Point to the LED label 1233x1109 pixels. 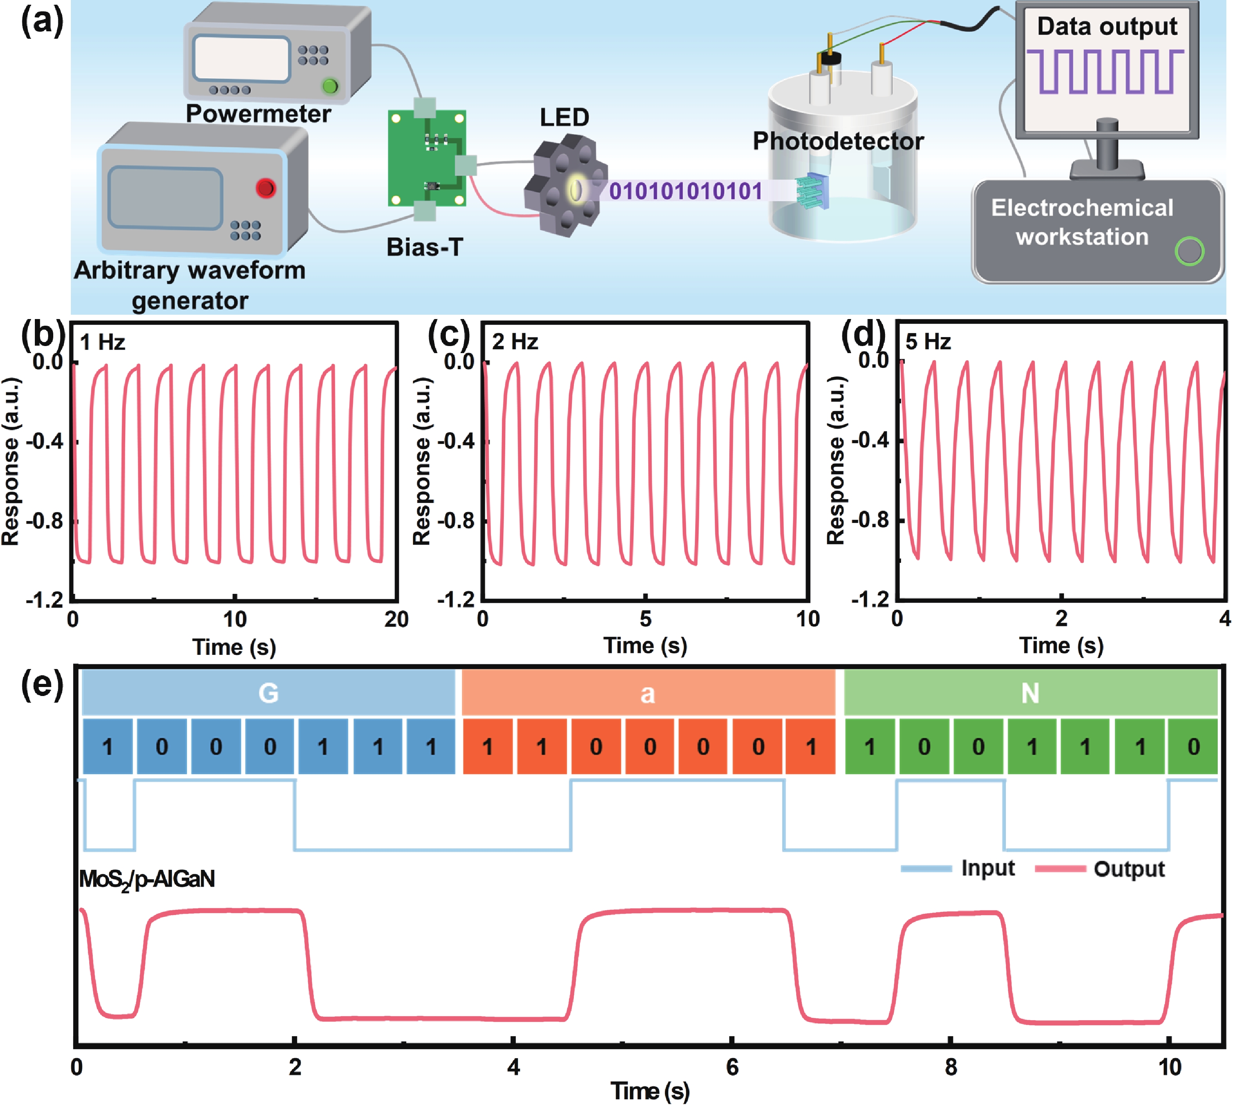click(x=564, y=117)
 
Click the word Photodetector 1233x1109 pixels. click(x=838, y=141)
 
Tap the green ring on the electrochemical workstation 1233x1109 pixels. click(x=1189, y=251)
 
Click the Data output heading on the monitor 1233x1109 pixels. click(x=1107, y=26)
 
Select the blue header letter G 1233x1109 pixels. click(x=269, y=693)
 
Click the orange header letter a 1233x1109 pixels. click(x=647, y=693)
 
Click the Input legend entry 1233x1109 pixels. click(x=987, y=868)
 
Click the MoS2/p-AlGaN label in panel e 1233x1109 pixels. click(x=147, y=879)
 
